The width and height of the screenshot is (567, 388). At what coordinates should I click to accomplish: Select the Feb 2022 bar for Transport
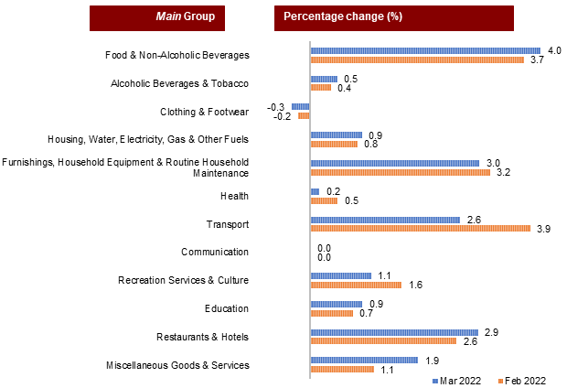pyautogui.click(x=420, y=229)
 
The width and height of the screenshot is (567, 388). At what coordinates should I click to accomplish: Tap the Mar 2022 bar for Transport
pyautogui.click(x=385, y=220)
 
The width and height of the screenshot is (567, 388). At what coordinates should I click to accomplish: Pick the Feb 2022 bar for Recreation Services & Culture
pyautogui.click(x=343, y=285)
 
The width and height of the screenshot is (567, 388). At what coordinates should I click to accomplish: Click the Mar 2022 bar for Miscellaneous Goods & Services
pyautogui.click(x=364, y=360)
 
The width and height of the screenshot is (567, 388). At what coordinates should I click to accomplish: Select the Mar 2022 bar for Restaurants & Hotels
pyautogui.click(x=394, y=332)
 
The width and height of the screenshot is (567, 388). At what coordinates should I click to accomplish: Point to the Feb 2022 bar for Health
pyautogui.click(x=324, y=200)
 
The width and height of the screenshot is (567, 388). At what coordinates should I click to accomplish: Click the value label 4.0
pyautogui.click(x=554, y=50)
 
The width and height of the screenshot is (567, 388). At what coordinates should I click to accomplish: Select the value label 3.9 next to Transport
pyautogui.click(x=542, y=229)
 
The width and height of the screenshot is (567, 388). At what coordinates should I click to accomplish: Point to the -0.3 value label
pyautogui.click(x=274, y=106)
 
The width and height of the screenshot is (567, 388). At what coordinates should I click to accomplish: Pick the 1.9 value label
pyautogui.click(x=431, y=360)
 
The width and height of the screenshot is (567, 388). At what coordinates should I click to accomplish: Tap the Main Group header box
pyautogui.click(x=157, y=17)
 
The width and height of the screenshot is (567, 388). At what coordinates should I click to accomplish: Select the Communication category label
pyautogui.click(x=215, y=252)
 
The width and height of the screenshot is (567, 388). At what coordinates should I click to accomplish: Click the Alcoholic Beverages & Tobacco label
pyautogui.click(x=179, y=84)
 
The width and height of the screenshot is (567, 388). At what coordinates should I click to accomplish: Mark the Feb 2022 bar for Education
pyautogui.click(x=331, y=313)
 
